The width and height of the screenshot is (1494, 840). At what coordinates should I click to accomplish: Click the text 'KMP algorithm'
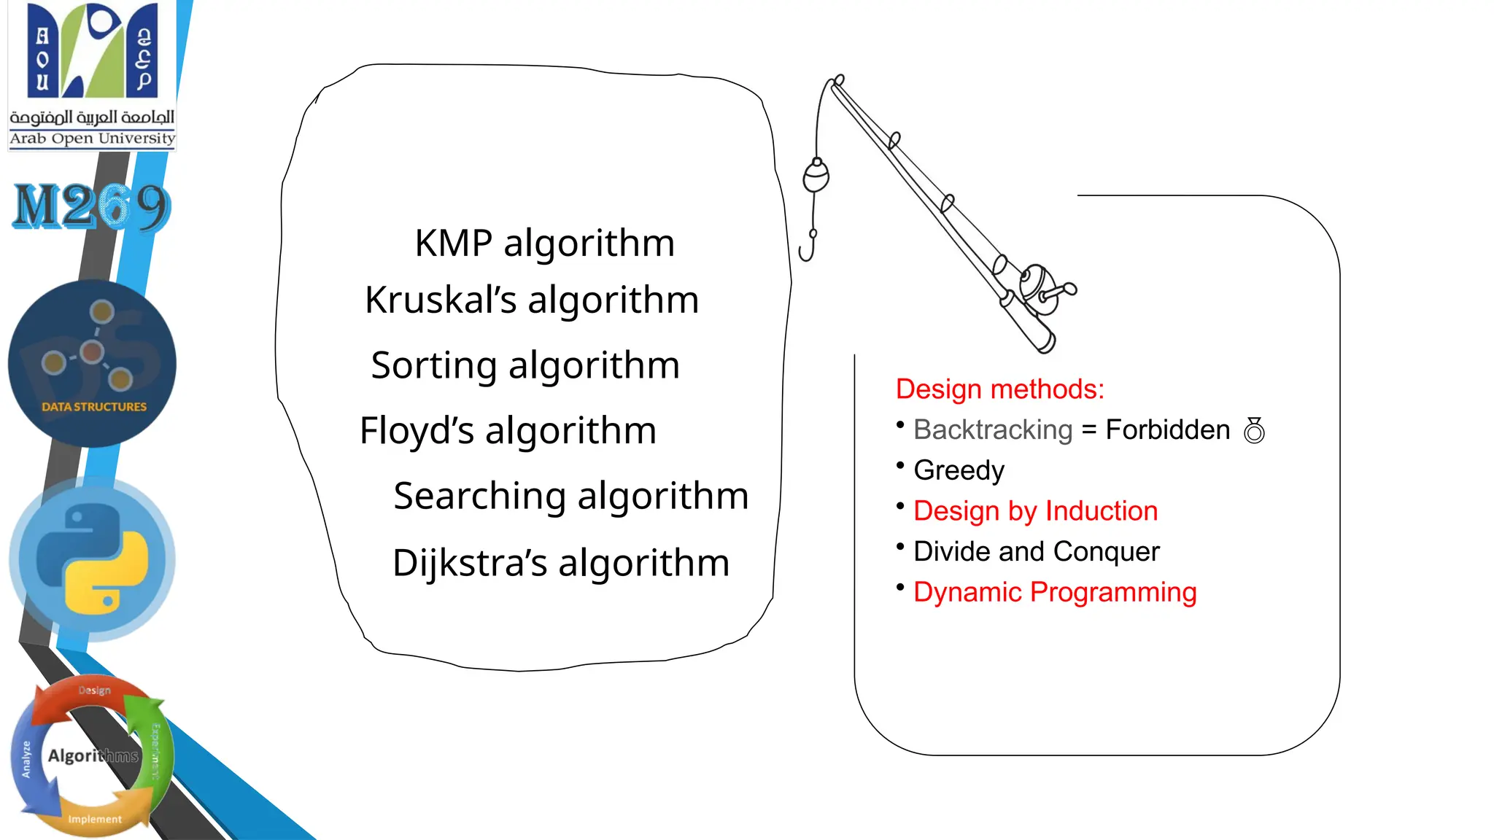(544, 243)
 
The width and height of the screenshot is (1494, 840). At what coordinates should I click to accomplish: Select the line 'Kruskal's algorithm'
(532, 300)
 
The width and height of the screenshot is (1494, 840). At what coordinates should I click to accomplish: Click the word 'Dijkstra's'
(469, 563)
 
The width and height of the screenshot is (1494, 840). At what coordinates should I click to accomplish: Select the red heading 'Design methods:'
(999, 389)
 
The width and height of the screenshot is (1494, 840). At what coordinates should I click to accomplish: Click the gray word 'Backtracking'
(993, 429)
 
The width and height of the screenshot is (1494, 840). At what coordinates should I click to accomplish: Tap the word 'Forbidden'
(1167, 429)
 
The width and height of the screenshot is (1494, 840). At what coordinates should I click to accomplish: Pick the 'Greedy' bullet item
(959, 470)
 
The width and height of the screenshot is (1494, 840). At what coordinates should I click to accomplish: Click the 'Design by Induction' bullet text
(1035, 511)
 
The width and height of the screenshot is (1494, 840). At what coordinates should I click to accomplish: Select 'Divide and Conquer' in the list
(1036, 552)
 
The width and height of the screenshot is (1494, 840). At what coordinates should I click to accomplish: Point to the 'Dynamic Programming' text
(1055, 592)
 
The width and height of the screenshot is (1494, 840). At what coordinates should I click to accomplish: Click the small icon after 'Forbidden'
(1254, 430)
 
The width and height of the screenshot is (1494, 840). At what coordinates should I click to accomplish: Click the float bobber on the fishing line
(816, 176)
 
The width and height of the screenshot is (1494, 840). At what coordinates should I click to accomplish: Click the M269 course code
(92, 206)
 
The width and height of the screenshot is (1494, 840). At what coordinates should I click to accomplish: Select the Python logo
(93, 559)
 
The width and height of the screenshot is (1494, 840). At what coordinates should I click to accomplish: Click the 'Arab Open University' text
(92, 139)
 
